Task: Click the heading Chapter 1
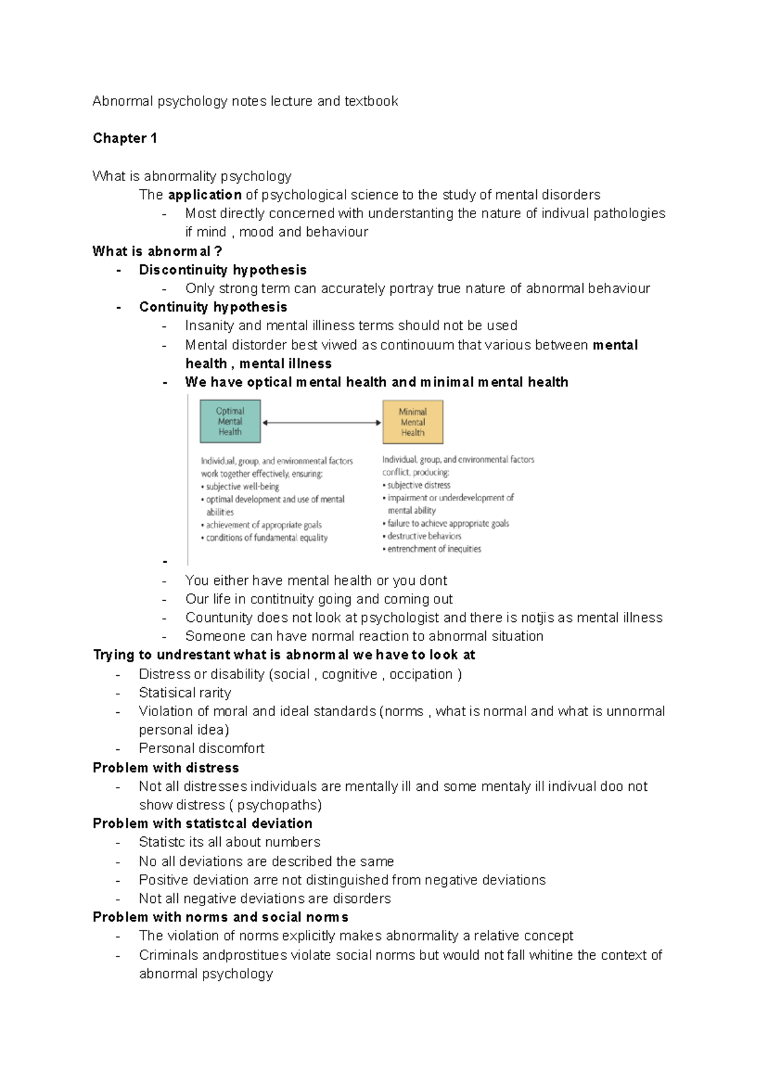click(x=125, y=138)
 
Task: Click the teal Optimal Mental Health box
click(x=230, y=422)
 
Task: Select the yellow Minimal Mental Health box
click(x=413, y=422)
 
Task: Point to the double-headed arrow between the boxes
click(x=321, y=422)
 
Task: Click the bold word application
click(x=205, y=195)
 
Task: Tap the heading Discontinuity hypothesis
click(x=223, y=270)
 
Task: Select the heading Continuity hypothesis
click(x=213, y=307)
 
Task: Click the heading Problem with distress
click(x=166, y=768)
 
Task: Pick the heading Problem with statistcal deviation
click(x=202, y=824)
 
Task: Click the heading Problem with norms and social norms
click(x=220, y=917)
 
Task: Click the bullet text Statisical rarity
click(x=185, y=693)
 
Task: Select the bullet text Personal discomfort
click(x=202, y=749)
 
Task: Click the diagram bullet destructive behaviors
click(x=424, y=536)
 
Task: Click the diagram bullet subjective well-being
click(x=242, y=487)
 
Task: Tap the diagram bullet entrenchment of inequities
click(x=434, y=549)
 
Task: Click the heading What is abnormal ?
click(x=157, y=251)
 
